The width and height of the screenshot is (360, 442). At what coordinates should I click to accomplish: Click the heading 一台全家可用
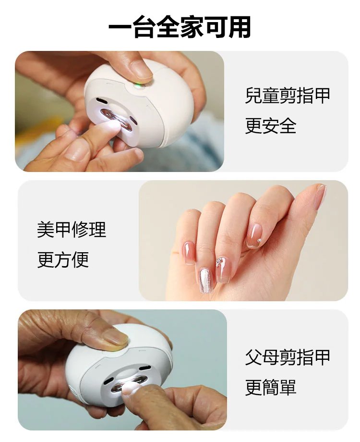pyautogui.click(x=180, y=27)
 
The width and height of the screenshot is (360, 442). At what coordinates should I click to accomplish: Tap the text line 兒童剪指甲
pyautogui.click(x=288, y=96)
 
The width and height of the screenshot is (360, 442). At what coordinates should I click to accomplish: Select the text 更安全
pyautogui.click(x=271, y=126)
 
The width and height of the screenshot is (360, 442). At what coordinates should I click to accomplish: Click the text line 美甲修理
pyautogui.click(x=72, y=230)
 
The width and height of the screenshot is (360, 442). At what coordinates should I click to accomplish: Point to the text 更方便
pyautogui.click(x=63, y=260)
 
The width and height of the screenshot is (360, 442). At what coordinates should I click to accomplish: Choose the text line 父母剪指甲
pyautogui.click(x=288, y=357)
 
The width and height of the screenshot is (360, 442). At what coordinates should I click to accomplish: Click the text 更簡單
pyautogui.click(x=271, y=388)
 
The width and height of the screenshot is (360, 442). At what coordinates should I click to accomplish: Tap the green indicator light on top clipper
pyautogui.click(x=138, y=86)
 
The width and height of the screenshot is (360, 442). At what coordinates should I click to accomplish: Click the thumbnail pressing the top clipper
pyautogui.click(x=141, y=71)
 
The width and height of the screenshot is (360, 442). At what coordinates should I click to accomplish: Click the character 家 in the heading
pyautogui.click(x=180, y=27)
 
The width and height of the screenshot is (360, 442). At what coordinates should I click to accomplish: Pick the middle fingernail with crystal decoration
pyautogui.click(x=223, y=269)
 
